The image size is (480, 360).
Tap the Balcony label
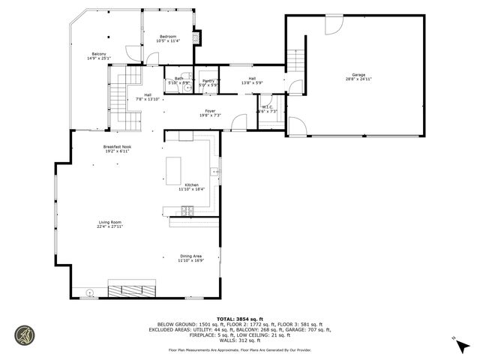99,53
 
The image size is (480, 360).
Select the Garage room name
359,75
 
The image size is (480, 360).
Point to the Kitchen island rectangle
175,170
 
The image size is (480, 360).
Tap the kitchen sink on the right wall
216,172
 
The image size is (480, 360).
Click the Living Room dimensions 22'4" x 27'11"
110,226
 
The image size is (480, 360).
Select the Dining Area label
190,256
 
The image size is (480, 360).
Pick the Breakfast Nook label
116,146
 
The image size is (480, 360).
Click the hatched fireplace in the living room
132,290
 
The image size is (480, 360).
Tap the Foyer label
209,110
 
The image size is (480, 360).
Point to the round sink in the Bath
187,88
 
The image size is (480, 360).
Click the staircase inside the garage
295,58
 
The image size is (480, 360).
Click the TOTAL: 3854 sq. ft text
240,317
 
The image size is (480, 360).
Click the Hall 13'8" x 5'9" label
252,78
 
